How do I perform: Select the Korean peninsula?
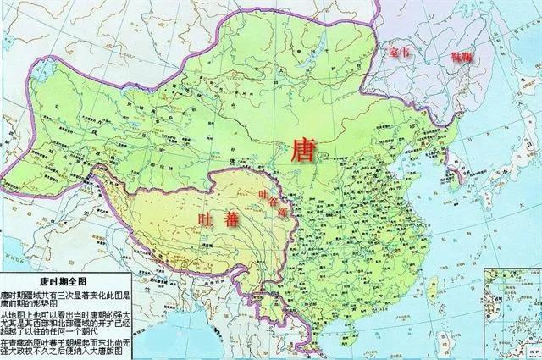pyautogui.click(x=450, y=161)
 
